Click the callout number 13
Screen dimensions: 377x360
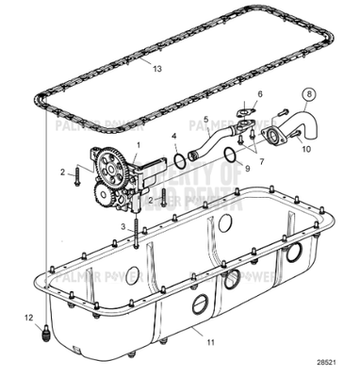(x=157, y=70)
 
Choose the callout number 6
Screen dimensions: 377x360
(x=261, y=95)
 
